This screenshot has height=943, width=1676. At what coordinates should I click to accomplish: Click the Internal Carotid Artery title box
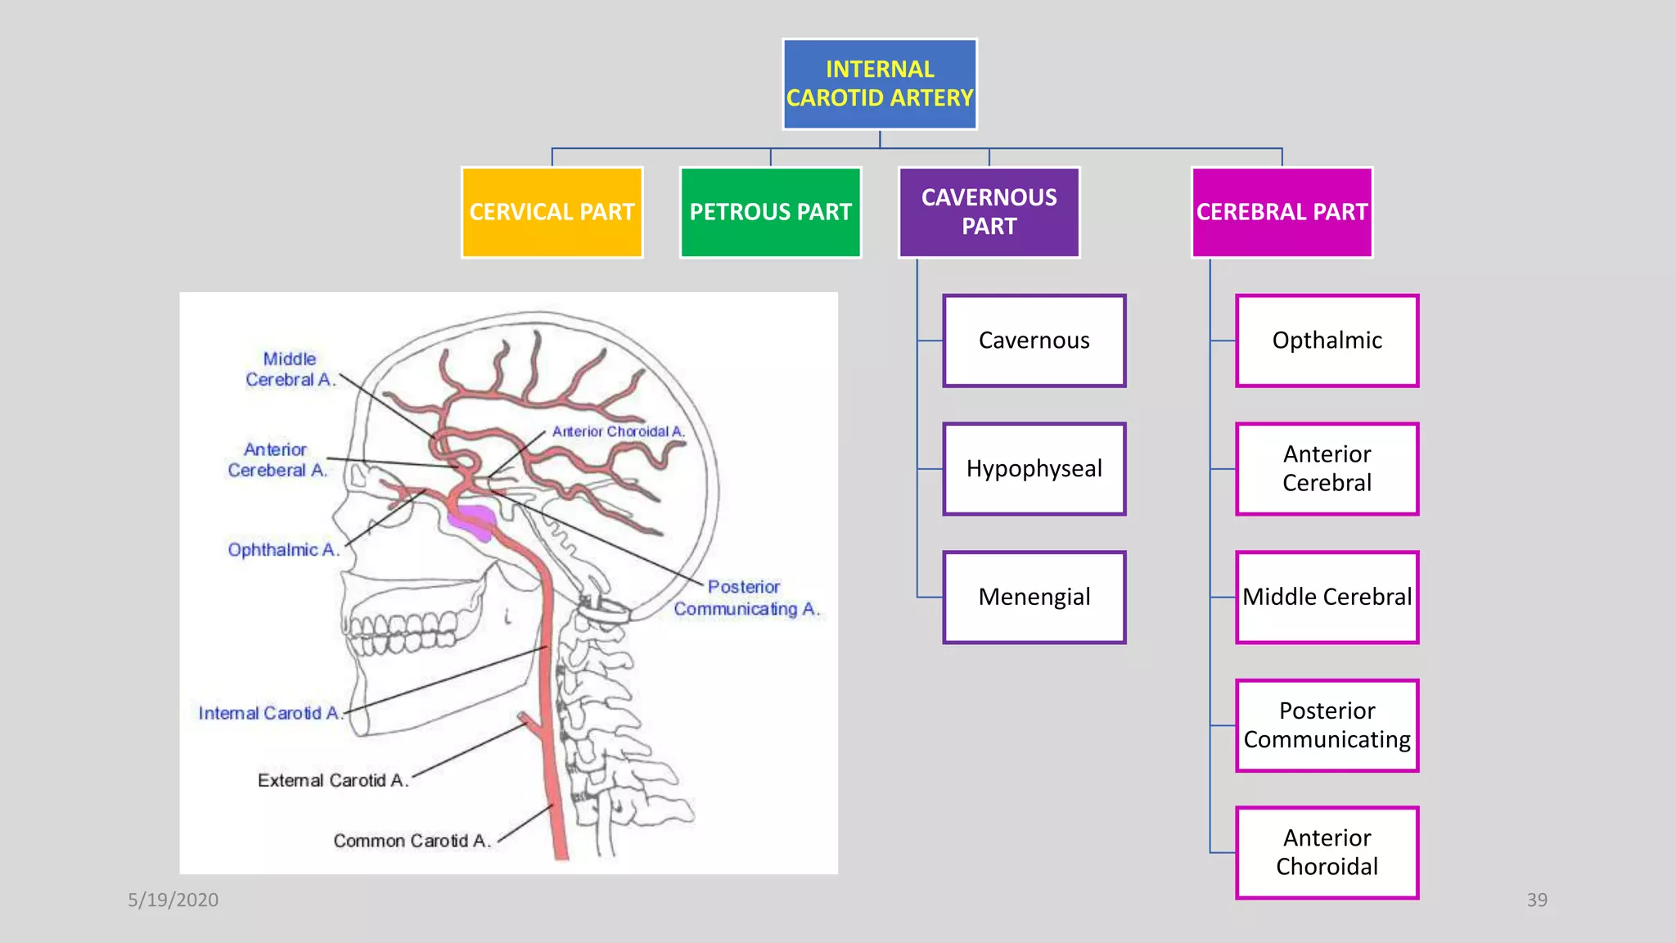[x=879, y=83]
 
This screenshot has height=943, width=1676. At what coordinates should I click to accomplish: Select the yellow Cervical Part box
[x=552, y=212]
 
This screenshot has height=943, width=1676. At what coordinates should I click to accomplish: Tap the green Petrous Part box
[x=770, y=212]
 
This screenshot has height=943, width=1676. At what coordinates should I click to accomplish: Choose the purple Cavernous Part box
[x=989, y=212]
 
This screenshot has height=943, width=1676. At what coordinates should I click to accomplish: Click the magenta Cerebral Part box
[x=1282, y=212]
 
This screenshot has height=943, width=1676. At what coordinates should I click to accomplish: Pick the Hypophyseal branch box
[x=1034, y=468]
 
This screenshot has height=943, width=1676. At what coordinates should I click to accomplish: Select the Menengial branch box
[x=1034, y=597]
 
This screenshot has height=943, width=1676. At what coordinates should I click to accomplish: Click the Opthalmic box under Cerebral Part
[x=1327, y=341]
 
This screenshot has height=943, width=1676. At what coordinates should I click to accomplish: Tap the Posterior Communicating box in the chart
[x=1327, y=725]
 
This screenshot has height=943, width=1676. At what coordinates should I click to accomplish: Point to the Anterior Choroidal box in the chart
[x=1327, y=852]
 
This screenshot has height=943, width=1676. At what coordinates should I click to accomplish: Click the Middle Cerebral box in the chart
[x=1327, y=597]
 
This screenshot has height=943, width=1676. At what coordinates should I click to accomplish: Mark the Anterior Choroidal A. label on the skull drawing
[x=618, y=431]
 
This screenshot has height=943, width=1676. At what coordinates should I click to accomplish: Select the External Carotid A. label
[x=332, y=780]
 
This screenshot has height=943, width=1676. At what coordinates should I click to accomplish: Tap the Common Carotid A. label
[x=412, y=841]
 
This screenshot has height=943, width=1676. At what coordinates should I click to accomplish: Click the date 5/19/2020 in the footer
[x=173, y=900]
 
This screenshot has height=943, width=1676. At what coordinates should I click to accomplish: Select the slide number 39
[x=1536, y=900]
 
